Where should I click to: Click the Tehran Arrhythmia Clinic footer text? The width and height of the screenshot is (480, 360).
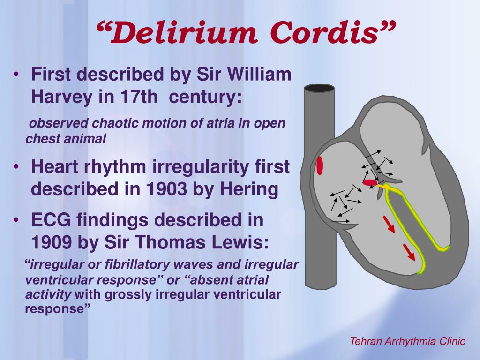tap(407, 341)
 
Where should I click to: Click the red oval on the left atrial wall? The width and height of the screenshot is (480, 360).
tap(320, 165)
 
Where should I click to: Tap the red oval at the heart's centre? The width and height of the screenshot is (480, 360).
tap(370, 183)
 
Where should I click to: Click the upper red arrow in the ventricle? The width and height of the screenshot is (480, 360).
tap(389, 224)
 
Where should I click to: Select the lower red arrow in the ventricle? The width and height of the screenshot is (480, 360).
tap(409, 252)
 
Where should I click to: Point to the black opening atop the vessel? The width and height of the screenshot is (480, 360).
tap(319, 88)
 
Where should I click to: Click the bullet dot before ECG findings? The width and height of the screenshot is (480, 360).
tap(16, 220)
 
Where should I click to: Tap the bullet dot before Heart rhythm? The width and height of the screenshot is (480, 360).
tap(16, 166)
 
